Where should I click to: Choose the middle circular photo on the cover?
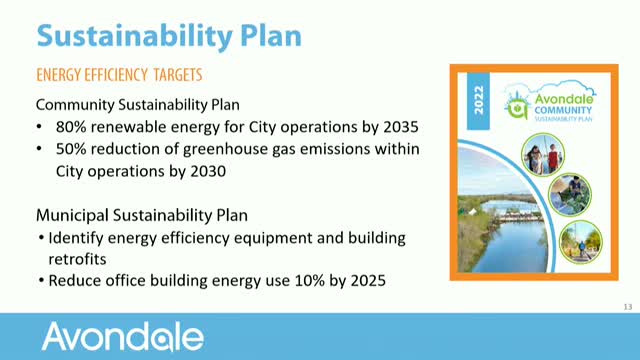[568, 195]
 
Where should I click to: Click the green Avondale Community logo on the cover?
[547, 101]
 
